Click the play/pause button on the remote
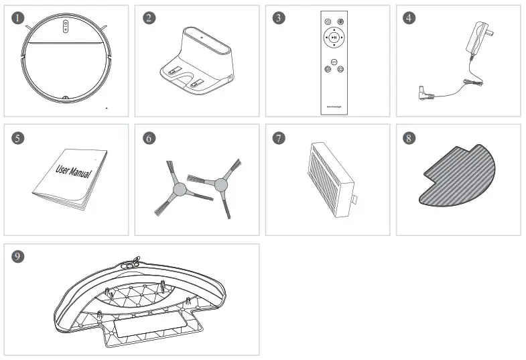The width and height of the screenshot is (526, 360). click(334, 38)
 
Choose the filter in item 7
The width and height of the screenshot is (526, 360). click(331, 178)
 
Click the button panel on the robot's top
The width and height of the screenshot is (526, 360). click(66, 25)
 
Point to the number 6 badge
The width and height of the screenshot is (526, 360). click(149, 138)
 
